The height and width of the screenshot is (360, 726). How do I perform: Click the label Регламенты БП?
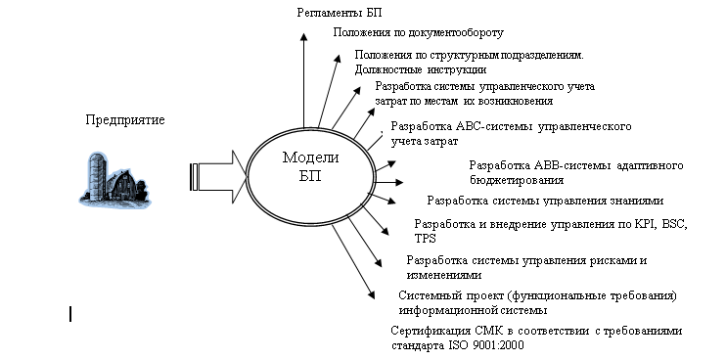[340, 13]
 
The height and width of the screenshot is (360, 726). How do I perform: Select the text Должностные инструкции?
[421, 70]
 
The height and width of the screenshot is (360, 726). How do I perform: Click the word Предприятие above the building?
[125, 120]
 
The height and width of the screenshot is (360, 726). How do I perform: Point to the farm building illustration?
[114, 178]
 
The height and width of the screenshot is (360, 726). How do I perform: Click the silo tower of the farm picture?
[97, 177]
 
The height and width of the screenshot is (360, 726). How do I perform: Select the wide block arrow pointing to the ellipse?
[218, 177]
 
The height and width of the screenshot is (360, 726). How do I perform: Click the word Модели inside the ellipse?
[310, 157]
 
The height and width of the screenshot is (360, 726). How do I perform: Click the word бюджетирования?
[517, 181]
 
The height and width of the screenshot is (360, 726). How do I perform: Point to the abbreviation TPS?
[425, 239]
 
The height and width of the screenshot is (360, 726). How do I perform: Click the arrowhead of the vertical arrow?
[303, 38]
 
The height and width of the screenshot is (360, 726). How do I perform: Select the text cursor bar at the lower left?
[70, 314]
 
